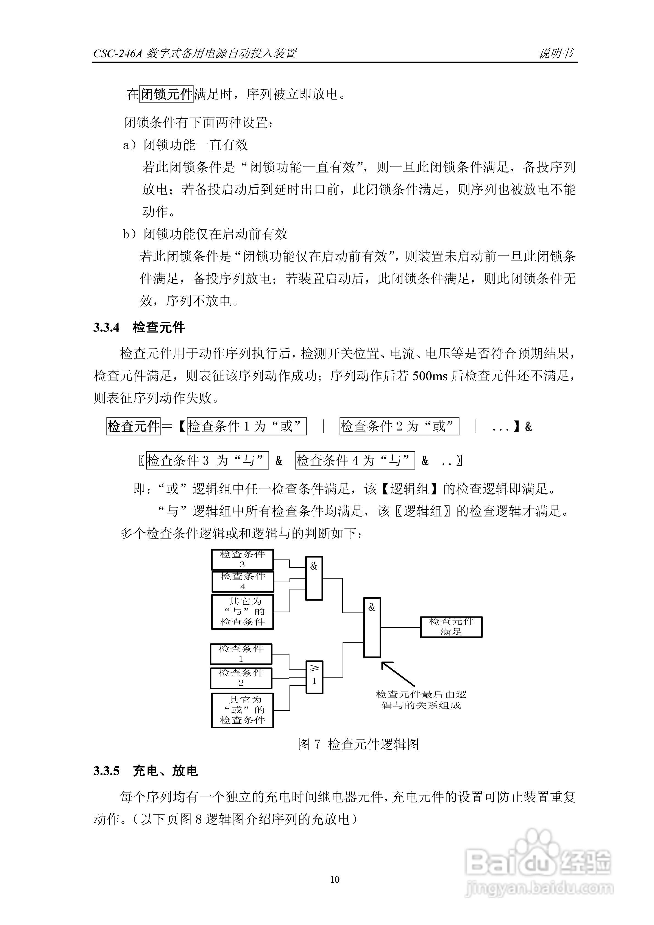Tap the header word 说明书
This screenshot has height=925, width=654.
click(x=556, y=53)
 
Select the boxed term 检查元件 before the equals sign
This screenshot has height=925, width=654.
click(x=133, y=426)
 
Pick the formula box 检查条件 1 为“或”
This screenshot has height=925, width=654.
click(x=246, y=426)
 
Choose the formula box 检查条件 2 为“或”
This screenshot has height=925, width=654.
click(x=399, y=426)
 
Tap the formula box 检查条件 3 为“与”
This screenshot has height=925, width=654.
click(x=207, y=460)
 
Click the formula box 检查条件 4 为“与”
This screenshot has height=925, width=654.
click(x=355, y=460)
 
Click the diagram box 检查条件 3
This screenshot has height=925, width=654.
click(x=243, y=560)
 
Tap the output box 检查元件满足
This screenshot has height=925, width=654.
click(x=451, y=627)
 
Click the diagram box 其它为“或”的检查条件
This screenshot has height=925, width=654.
click(x=243, y=710)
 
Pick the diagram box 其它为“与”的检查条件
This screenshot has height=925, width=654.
click(x=243, y=612)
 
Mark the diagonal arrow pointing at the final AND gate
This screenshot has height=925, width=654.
click(x=398, y=674)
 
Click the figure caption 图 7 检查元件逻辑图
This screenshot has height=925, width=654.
click(x=358, y=744)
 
